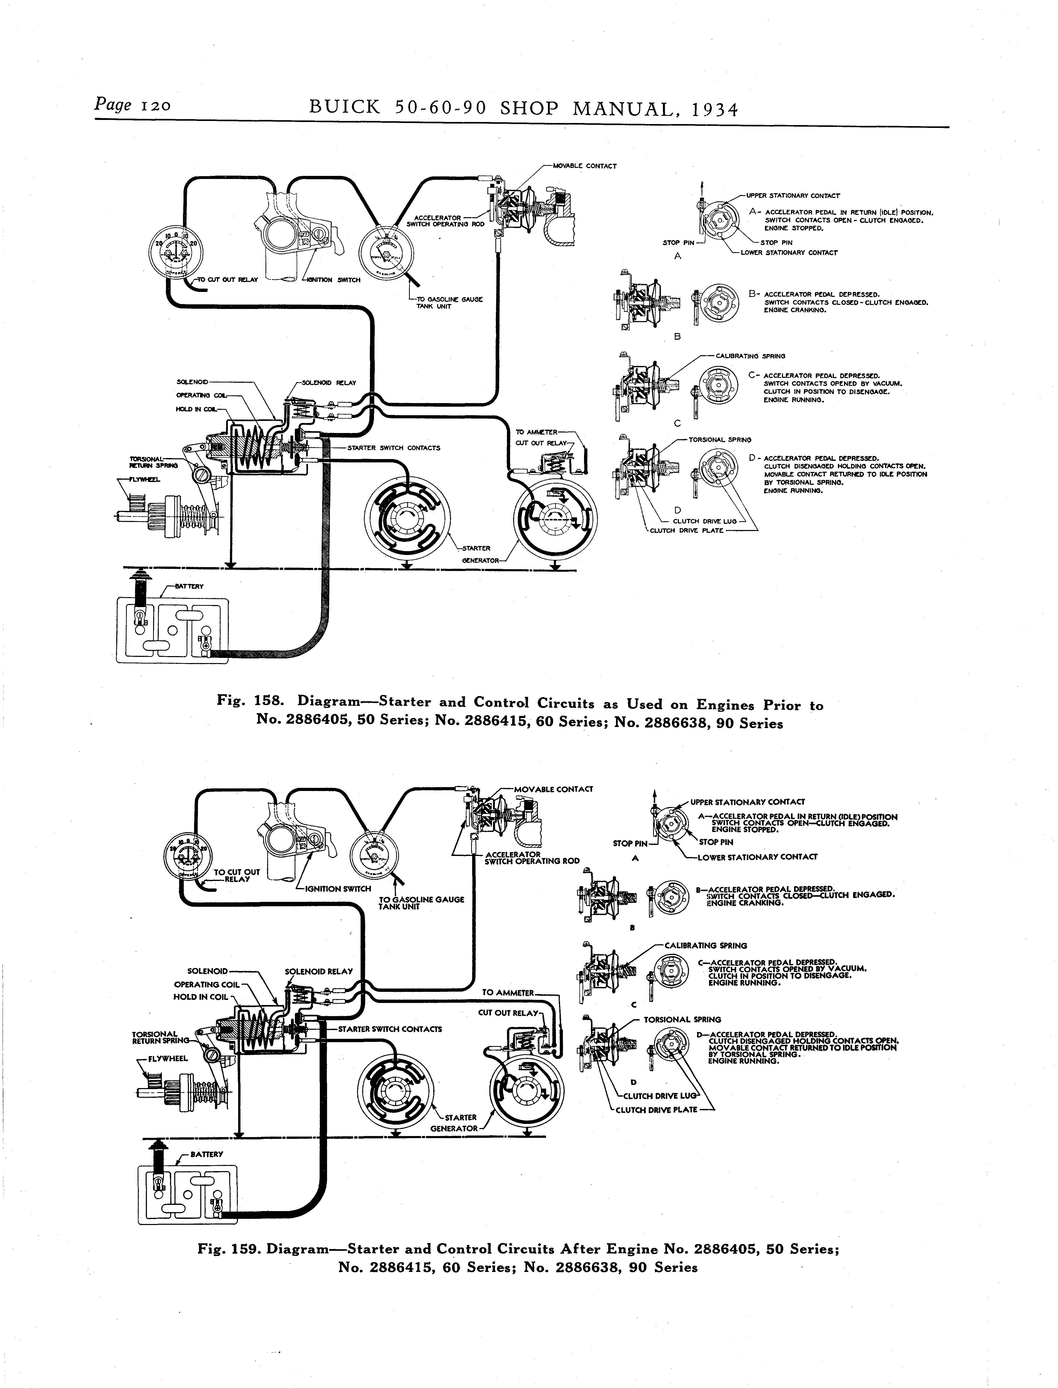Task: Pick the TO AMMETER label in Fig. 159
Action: [507, 992]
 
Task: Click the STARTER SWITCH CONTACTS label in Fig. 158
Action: [394, 448]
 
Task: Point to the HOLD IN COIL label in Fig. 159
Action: [200, 997]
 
